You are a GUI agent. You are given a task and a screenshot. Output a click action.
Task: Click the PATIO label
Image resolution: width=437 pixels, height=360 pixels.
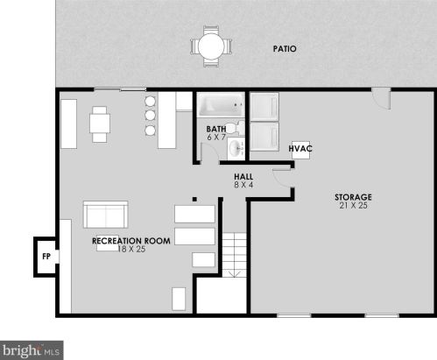tap(285, 49)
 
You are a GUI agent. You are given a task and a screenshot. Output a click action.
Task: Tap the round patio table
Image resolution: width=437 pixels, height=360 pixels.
tap(211, 46)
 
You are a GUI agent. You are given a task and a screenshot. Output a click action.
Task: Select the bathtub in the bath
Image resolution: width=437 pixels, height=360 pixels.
tap(221, 104)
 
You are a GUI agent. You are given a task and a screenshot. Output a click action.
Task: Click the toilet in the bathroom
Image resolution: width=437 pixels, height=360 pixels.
tap(235, 128)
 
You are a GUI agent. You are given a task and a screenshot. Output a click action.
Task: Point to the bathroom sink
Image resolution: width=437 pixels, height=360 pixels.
tap(236, 148)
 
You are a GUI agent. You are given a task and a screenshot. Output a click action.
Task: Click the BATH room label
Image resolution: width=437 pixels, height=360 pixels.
tap(216, 129)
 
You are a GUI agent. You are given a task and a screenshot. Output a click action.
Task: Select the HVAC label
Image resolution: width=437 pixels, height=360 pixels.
tap(300, 149)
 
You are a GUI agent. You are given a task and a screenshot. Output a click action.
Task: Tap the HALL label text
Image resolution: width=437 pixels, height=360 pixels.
tap(243, 177)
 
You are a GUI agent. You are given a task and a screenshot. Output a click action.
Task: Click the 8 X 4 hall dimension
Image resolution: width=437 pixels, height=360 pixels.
tap(243, 185)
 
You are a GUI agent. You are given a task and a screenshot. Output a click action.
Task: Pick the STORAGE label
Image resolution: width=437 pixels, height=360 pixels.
tap(353, 197)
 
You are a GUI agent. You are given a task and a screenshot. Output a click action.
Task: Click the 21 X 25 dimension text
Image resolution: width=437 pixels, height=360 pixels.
tap(353, 206)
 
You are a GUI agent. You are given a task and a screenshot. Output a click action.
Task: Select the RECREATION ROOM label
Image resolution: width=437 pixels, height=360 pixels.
tap(131, 241)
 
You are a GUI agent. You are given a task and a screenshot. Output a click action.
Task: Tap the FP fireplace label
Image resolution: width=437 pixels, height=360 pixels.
tap(46, 257)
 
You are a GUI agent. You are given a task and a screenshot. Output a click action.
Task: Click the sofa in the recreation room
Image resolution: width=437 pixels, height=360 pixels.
tap(106, 215)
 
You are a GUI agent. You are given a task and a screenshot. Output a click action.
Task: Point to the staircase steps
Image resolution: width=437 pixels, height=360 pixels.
tap(235, 255)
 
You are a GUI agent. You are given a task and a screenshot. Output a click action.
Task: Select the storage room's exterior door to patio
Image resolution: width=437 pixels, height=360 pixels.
tap(381, 98)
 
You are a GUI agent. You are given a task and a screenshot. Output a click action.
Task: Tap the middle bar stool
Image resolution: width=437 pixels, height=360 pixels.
tap(150, 116)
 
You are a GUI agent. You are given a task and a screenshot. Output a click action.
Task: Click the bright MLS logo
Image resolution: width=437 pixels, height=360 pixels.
tap(32, 350)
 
